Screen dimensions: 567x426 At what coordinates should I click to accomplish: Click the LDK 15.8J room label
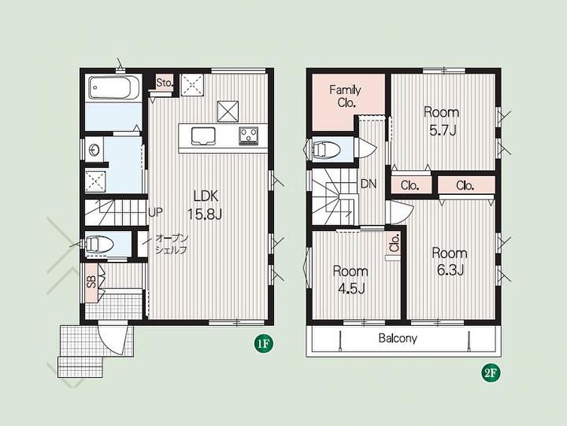tap(204, 205)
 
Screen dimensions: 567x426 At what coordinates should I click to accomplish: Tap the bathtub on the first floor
tap(113, 87)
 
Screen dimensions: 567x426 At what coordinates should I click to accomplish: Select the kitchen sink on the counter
tap(203, 136)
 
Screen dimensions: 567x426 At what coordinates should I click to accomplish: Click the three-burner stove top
tap(248, 135)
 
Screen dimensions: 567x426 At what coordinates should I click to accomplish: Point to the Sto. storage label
tap(165, 83)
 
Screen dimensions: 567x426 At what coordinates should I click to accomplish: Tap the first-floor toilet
tap(98, 243)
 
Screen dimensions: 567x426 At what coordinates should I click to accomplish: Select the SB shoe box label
tap(91, 282)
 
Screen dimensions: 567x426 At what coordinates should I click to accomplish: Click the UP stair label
tap(155, 212)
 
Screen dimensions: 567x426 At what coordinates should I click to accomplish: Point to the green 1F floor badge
tap(263, 343)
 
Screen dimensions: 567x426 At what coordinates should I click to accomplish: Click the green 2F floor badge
tap(491, 373)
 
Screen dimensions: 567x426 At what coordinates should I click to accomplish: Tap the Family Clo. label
tap(345, 96)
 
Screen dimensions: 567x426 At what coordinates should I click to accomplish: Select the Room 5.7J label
tap(441, 121)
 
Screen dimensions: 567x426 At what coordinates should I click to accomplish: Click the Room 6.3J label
tap(450, 261)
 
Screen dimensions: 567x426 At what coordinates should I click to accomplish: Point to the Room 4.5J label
tap(351, 280)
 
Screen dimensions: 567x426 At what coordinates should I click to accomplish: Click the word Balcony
tap(398, 338)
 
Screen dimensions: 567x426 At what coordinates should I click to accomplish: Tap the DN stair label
tap(369, 184)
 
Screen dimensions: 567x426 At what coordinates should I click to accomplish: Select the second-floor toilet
tap(325, 149)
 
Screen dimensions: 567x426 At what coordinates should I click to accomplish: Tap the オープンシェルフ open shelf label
tap(171, 244)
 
